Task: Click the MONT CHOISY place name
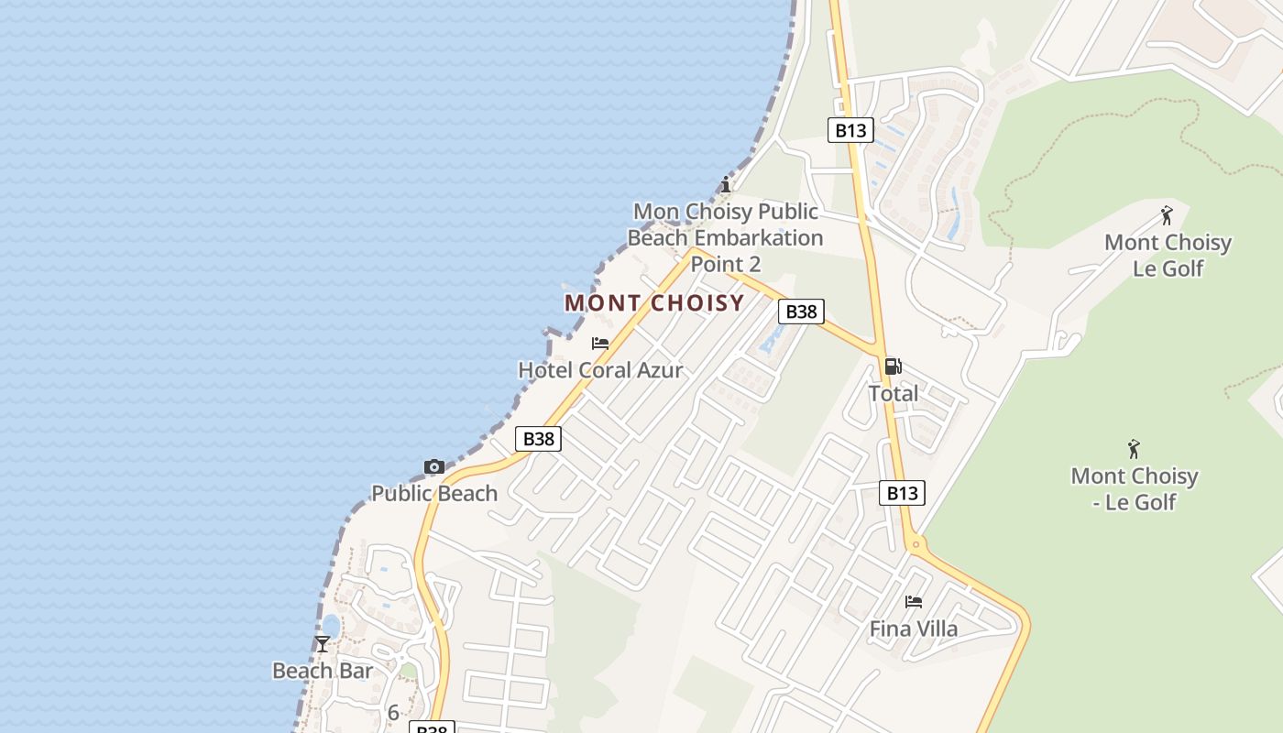tap(654, 303)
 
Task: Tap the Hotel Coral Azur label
tap(600, 370)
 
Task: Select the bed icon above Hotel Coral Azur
tap(600, 344)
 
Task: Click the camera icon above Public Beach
tap(434, 467)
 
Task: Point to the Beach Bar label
tap(323, 671)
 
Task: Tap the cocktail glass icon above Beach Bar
tap(323, 644)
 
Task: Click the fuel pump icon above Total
tap(893, 366)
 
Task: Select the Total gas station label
tap(893, 393)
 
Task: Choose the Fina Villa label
tap(913, 629)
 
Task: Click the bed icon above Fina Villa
tap(913, 602)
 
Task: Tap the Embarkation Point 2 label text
tap(725, 238)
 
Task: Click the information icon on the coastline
tap(726, 184)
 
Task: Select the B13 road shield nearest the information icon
tap(850, 130)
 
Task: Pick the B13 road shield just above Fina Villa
tap(902, 493)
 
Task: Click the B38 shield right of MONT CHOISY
tap(801, 312)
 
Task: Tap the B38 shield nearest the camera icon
tap(538, 439)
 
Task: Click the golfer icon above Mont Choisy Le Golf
tap(1167, 215)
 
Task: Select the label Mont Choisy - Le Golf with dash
tap(1135, 488)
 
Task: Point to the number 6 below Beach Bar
tap(393, 712)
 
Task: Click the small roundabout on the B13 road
tap(916, 545)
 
